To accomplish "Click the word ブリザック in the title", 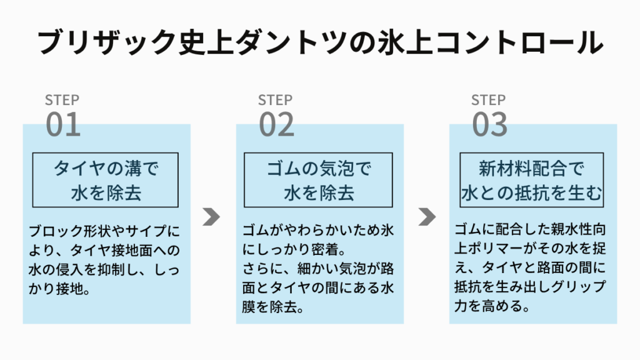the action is coord(107,42).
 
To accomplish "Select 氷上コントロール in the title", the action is coord(490,42).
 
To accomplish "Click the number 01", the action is coord(63,124).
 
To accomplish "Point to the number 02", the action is coord(276,124).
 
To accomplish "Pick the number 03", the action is coord(489,124).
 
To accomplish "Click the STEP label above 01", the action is coord(62,100).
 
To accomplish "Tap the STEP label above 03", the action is coord(488,100).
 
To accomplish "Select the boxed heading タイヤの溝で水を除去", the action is coord(106,181).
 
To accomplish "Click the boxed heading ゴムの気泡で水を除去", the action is coord(319,181).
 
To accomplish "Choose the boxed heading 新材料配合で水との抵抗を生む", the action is coord(531,181).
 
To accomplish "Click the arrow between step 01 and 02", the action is coord(211,217).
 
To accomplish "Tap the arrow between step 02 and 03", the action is coord(427,217).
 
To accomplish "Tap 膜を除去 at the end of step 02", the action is coord(269,307).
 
